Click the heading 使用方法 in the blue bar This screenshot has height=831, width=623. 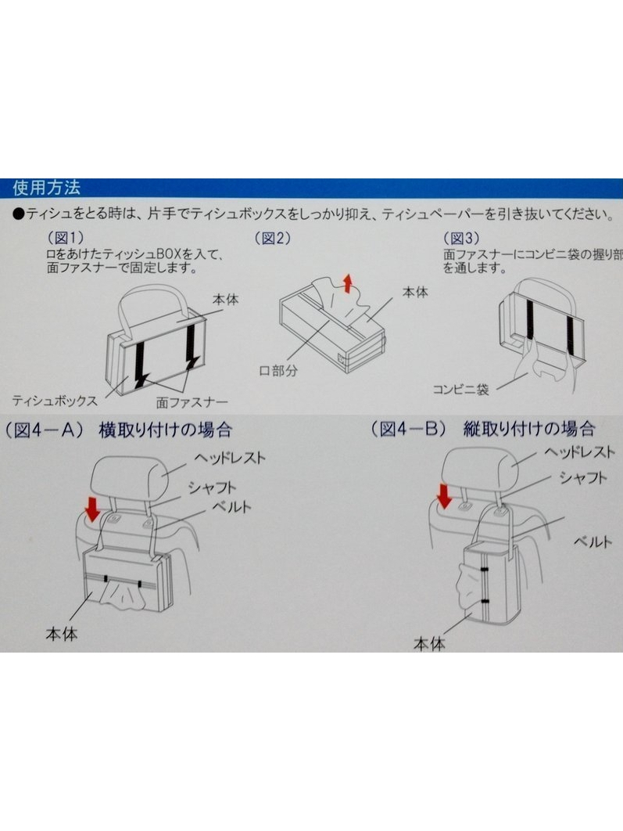click(x=47, y=188)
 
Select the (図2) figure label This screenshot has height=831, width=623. click(x=273, y=238)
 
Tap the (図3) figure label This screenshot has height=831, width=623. click(x=461, y=238)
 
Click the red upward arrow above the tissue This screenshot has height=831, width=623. click(x=348, y=283)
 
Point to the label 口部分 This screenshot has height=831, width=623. click(x=278, y=370)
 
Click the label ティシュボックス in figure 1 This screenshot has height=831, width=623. click(x=55, y=400)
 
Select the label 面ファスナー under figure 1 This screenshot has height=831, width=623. click(x=192, y=402)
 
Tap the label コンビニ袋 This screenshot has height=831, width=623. click(x=460, y=390)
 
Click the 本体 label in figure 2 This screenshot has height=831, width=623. click(x=415, y=292)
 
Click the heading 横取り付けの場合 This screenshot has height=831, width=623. click(x=165, y=430)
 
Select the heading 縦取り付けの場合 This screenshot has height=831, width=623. click(x=529, y=428)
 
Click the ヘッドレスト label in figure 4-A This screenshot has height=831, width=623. click(x=229, y=458)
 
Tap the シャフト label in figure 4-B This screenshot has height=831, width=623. click(x=583, y=477)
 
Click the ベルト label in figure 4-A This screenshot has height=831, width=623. click(x=231, y=506)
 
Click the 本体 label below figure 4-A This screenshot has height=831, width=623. click(x=62, y=633)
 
